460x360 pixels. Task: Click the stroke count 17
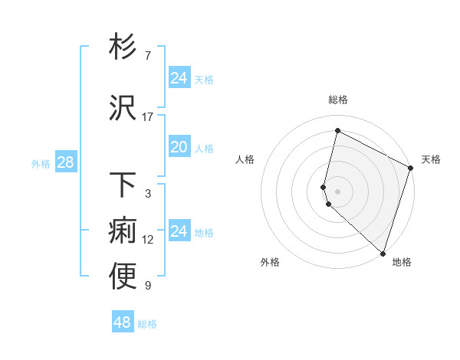click(x=148, y=117)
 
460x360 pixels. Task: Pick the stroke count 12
click(x=148, y=240)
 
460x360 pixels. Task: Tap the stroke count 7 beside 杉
click(x=147, y=56)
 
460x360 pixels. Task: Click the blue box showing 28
click(x=65, y=162)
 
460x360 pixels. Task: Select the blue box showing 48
click(x=122, y=322)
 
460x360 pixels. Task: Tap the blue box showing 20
click(x=179, y=147)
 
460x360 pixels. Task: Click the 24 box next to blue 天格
click(x=179, y=78)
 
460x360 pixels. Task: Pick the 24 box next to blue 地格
click(x=179, y=231)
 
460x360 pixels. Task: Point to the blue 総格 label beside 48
click(x=147, y=324)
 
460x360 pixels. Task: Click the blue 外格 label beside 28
click(x=41, y=163)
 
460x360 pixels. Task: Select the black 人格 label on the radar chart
click(x=245, y=159)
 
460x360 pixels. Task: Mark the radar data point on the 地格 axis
click(x=383, y=253)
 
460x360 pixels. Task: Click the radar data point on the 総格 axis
click(x=337, y=131)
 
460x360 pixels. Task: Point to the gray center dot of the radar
click(x=337, y=190)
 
